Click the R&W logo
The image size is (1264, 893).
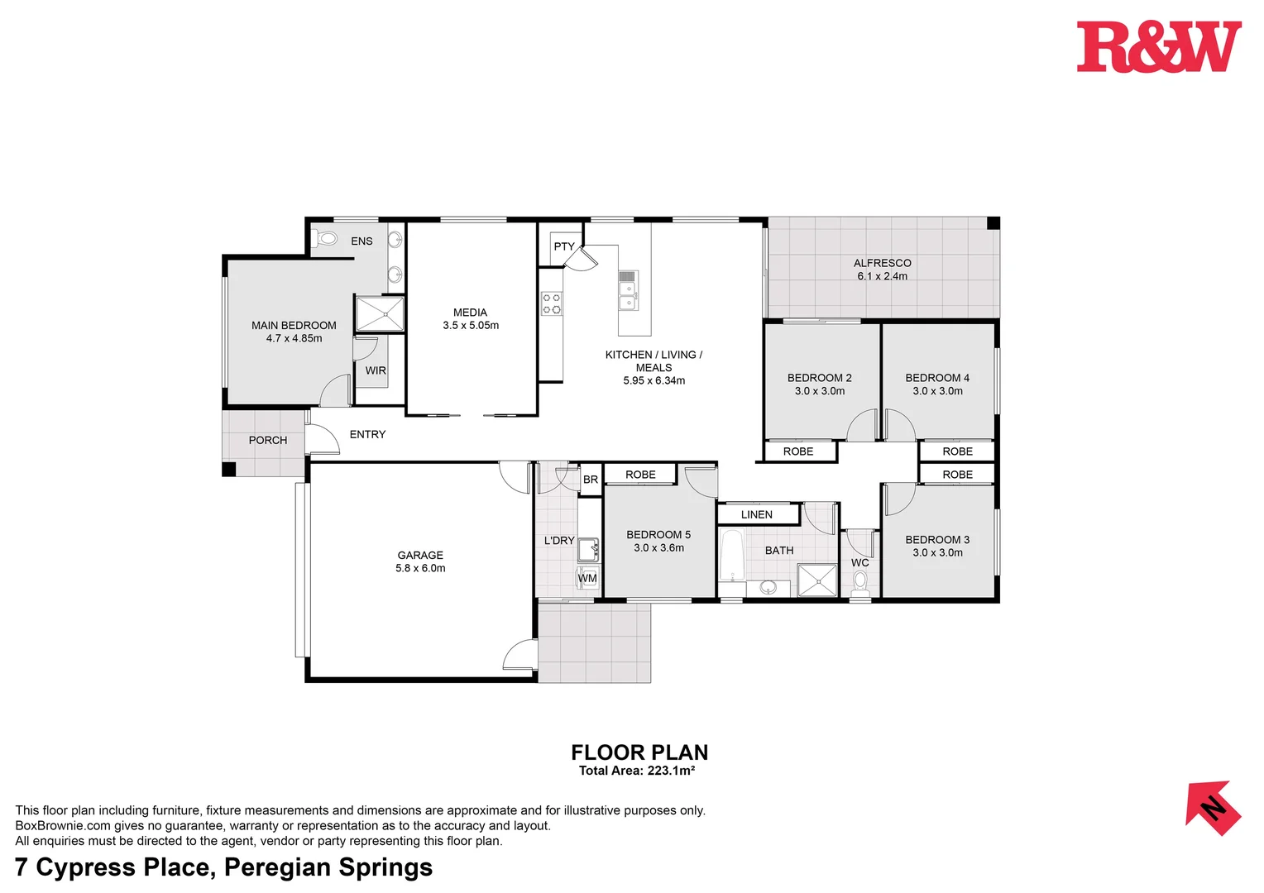1158,47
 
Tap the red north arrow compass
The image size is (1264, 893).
1212,808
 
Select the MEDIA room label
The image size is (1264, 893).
470,313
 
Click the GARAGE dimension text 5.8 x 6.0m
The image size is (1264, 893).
420,569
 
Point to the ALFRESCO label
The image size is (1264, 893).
882,263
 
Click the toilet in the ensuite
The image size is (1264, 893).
328,240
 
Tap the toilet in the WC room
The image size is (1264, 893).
860,580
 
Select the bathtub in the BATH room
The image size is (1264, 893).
731,556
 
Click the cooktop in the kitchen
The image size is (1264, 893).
552,303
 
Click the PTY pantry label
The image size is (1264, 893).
564,246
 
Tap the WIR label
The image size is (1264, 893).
376,370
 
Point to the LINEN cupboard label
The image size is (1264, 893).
756,514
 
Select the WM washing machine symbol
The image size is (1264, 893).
587,578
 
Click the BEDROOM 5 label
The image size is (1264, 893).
658,535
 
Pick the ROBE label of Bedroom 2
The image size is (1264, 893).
798,451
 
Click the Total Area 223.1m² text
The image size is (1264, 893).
637,771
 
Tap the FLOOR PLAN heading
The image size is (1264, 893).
639,752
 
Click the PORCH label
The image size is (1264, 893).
268,440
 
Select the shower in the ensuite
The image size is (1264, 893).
380,314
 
